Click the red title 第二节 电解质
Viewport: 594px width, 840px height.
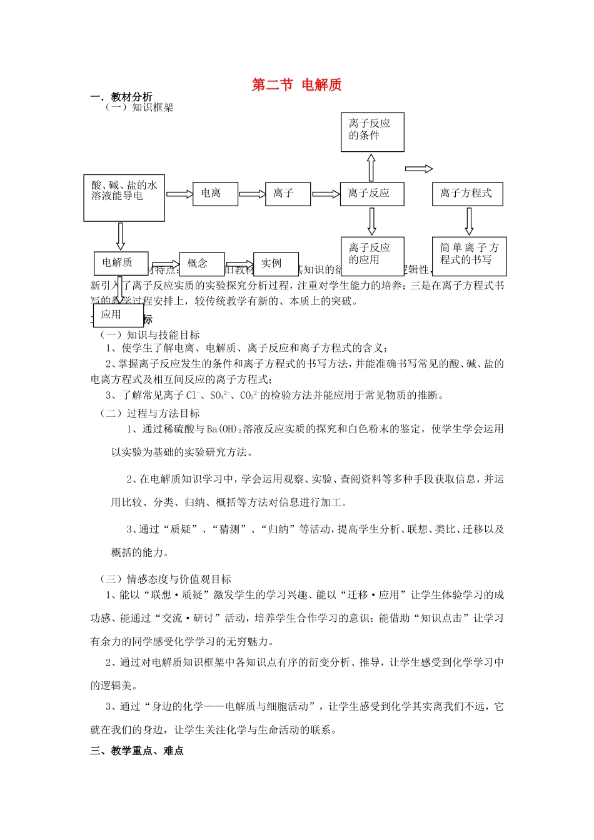[x=296, y=85]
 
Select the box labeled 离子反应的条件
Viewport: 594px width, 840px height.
[x=372, y=132]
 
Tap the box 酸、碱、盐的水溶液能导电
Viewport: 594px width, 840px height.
[x=124, y=197]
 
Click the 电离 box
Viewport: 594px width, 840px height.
[x=215, y=194]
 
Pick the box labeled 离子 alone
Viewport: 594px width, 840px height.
[x=288, y=194]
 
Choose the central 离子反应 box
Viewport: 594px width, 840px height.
[x=371, y=194]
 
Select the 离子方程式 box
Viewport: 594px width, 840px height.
[x=467, y=194]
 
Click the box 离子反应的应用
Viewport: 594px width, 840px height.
[x=372, y=256]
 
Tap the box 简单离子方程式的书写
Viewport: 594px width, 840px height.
[x=469, y=256]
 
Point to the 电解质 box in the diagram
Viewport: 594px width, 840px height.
[x=121, y=263]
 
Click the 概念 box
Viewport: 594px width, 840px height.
[x=201, y=264]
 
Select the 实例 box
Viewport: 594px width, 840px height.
[x=275, y=264]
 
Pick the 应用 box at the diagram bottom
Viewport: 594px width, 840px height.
[x=118, y=315]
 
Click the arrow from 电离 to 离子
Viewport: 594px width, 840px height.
[x=252, y=194]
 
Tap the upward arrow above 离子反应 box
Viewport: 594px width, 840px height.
[x=371, y=167]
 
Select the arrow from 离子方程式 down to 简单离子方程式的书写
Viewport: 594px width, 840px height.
[x=469, y=221]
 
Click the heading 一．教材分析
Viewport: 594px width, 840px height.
[x=121, y=97]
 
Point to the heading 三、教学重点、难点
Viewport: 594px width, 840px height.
[x=137, y=751]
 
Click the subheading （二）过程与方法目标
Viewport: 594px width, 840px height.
[x=149, y=413]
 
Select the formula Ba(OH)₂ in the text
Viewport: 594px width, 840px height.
[x=223, y=429]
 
